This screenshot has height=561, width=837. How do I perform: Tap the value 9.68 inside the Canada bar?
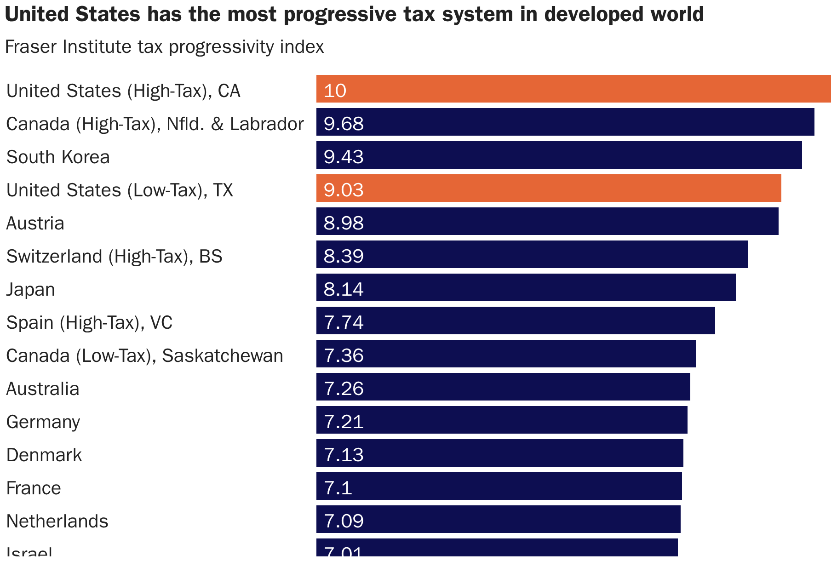(x=344, y=124)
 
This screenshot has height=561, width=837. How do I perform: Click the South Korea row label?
(x=58, y=157)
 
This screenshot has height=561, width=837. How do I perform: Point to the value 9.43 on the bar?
(x=344, y=157)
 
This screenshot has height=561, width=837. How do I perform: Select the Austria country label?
(x=35, y=223)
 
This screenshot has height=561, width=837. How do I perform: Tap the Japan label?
(x=31, y=290)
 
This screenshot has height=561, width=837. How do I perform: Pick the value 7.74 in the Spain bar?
(x=344, y=322)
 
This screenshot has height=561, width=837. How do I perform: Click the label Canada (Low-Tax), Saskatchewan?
(x=144, y=356)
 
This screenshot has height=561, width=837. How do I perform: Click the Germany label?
(x=43, y=422)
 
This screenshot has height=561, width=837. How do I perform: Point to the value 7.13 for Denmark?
(x=344, y=455)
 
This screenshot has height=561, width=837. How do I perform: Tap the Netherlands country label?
(x=57, y=521)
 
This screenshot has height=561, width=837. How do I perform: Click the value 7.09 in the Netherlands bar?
(x=344, y=521)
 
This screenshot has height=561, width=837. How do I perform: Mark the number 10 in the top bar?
(x=334, y=91)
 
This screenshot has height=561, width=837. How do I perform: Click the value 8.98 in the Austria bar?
(x=344, y=223)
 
